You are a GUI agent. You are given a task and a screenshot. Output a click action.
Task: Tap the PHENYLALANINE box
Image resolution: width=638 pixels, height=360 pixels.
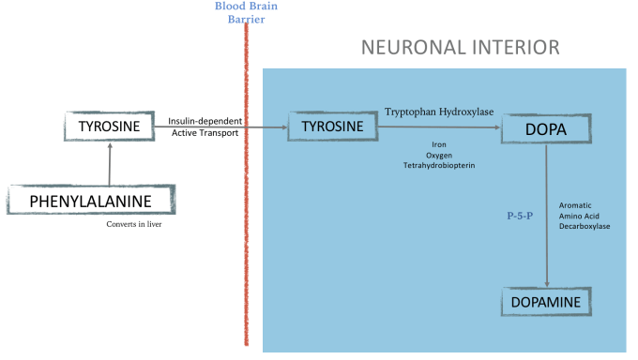coord(92,201)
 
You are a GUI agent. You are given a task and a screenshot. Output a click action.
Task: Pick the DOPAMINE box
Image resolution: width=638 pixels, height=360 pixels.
coord(548,302)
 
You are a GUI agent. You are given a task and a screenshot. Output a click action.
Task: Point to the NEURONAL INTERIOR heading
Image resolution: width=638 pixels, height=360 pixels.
coord(461,47)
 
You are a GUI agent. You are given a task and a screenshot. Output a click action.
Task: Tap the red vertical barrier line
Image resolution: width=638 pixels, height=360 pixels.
coord(247,187)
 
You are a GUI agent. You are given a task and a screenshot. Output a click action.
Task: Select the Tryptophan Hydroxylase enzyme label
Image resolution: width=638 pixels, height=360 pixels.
coord(439,112)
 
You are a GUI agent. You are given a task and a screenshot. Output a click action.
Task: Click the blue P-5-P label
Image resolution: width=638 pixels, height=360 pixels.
coord(520,215)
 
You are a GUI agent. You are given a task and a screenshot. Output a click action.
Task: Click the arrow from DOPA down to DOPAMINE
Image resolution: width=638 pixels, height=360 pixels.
coord(547,216)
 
